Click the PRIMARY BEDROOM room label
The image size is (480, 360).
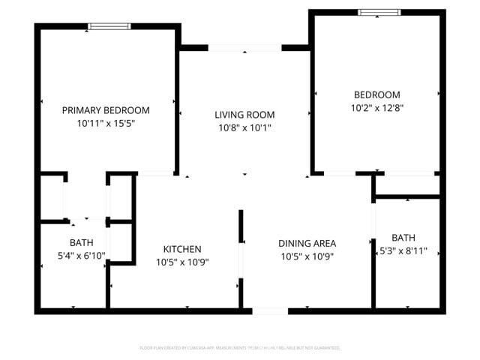coord(105,109)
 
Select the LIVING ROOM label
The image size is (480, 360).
coord(244,115)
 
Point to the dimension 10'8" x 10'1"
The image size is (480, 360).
coord(244,127)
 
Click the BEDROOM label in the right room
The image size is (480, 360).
coord(376,94)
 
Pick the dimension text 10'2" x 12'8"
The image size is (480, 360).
coord(376,107)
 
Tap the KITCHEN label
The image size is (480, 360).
coord(182,249)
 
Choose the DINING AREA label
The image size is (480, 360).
coord(307,243)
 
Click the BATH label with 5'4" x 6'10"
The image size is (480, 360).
coord(82,243)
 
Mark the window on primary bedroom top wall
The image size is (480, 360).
coord(109,26)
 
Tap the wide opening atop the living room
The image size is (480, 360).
coord(244,49)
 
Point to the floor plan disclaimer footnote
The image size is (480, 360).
coord(240,348)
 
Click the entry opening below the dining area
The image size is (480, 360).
coord(269,310)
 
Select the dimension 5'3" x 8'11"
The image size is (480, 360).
coord(403,250)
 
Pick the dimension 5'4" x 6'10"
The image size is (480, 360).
coord(82,256)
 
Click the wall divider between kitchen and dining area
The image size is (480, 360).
coord(241,259)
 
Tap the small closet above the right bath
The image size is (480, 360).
coord(407,185)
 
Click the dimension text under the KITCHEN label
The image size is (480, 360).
coord(182,262)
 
